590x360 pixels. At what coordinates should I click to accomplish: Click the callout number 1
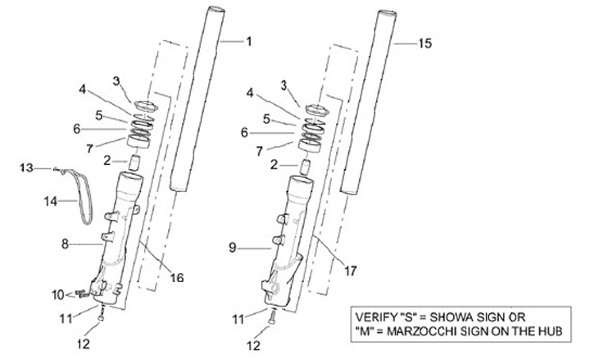249,40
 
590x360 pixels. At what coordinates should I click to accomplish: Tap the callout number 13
25,167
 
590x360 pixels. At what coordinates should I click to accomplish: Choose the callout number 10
57,293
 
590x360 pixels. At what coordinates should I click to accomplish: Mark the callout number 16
177,277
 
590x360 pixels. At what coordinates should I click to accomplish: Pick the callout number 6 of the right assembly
243,132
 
